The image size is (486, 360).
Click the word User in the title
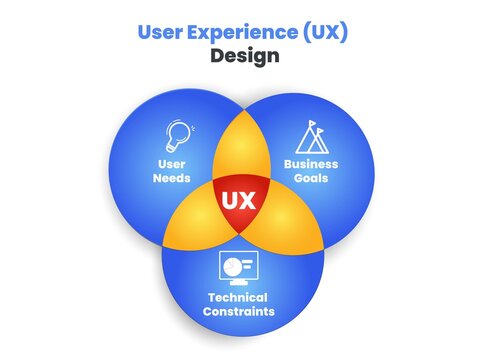(x=157, y=32)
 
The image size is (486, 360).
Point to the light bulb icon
(x=179, y=135)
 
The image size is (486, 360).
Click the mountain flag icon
(x=310, y=136)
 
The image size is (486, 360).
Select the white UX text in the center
(x=238, y=199)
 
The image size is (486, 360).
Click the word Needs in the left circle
(x=172, y=179)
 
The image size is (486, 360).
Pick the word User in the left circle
(x=172, y=164)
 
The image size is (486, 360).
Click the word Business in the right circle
(x=311, y=164)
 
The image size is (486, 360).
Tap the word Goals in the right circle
(x=311, y=179)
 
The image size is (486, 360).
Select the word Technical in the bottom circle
(x=241, y=297)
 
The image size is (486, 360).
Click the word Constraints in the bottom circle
(x=241, y=312)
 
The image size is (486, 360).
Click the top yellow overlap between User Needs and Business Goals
(x=241, y=145)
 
